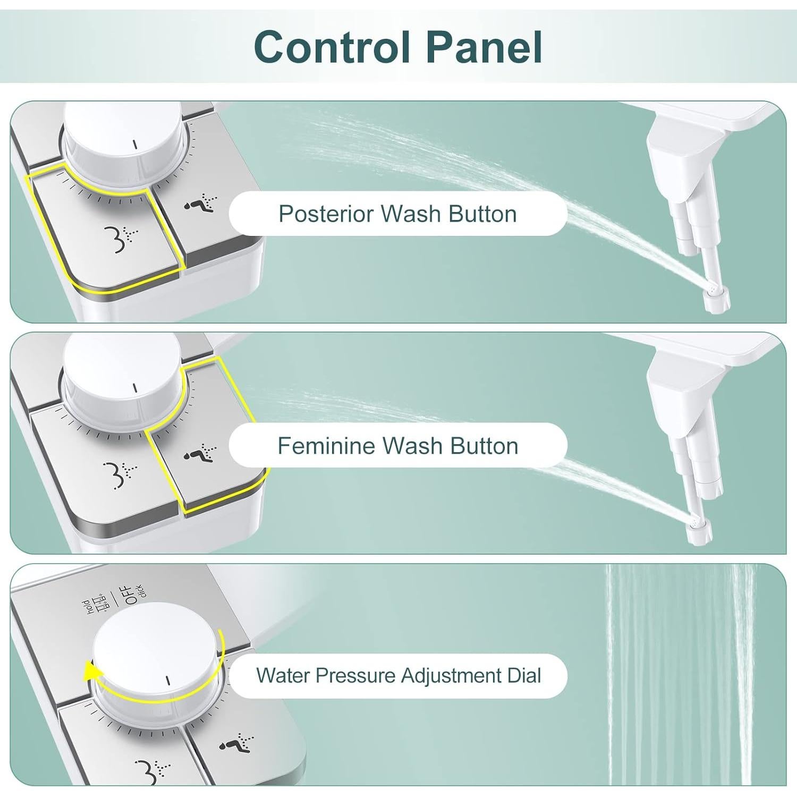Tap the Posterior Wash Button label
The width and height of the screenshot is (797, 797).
point(397,214)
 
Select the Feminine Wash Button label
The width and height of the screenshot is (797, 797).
point(397,446)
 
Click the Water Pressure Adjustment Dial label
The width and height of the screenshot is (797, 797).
point(398,676)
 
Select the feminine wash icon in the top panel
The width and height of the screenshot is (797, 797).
point(201,204)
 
